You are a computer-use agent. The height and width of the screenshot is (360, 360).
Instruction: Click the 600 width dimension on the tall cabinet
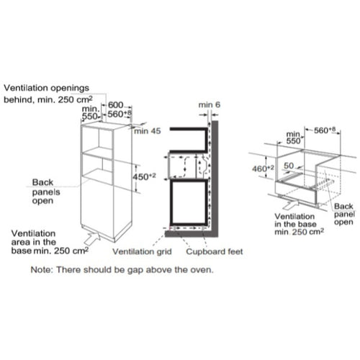coord(115,105)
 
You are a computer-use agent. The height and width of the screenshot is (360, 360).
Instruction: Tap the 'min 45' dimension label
coord(148,131)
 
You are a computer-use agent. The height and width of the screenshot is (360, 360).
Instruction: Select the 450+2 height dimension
coord(144,177)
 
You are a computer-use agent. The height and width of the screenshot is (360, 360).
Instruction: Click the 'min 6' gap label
coord(210,105)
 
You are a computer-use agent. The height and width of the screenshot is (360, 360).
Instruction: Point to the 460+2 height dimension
coord(263,168)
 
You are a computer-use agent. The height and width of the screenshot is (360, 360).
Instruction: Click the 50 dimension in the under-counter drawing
coord(289,166)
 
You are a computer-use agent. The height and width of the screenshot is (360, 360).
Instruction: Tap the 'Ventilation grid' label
coord(142,251)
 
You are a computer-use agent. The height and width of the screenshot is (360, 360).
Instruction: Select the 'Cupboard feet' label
coord(215,251)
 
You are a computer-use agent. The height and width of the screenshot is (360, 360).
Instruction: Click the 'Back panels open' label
coord(46,192)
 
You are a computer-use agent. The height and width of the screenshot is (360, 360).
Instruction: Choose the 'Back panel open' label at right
coord(344,214)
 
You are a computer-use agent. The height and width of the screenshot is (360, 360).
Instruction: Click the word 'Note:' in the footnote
coord(41,270)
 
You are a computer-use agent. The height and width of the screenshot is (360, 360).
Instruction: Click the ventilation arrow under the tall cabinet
coord(92,238)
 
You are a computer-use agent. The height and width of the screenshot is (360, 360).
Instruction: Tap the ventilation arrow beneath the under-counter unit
coord(291,204)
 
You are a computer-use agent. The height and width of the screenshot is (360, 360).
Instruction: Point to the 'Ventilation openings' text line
coord(46,88)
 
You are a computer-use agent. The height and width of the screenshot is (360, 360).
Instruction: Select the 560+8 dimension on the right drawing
coord(325,130)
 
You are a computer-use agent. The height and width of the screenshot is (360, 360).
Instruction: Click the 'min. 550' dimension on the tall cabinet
coord(90,112)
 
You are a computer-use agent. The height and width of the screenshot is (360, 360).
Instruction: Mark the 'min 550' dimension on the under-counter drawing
coord(293,138)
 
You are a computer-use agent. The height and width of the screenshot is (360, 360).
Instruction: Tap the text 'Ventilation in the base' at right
coord(295,220)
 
